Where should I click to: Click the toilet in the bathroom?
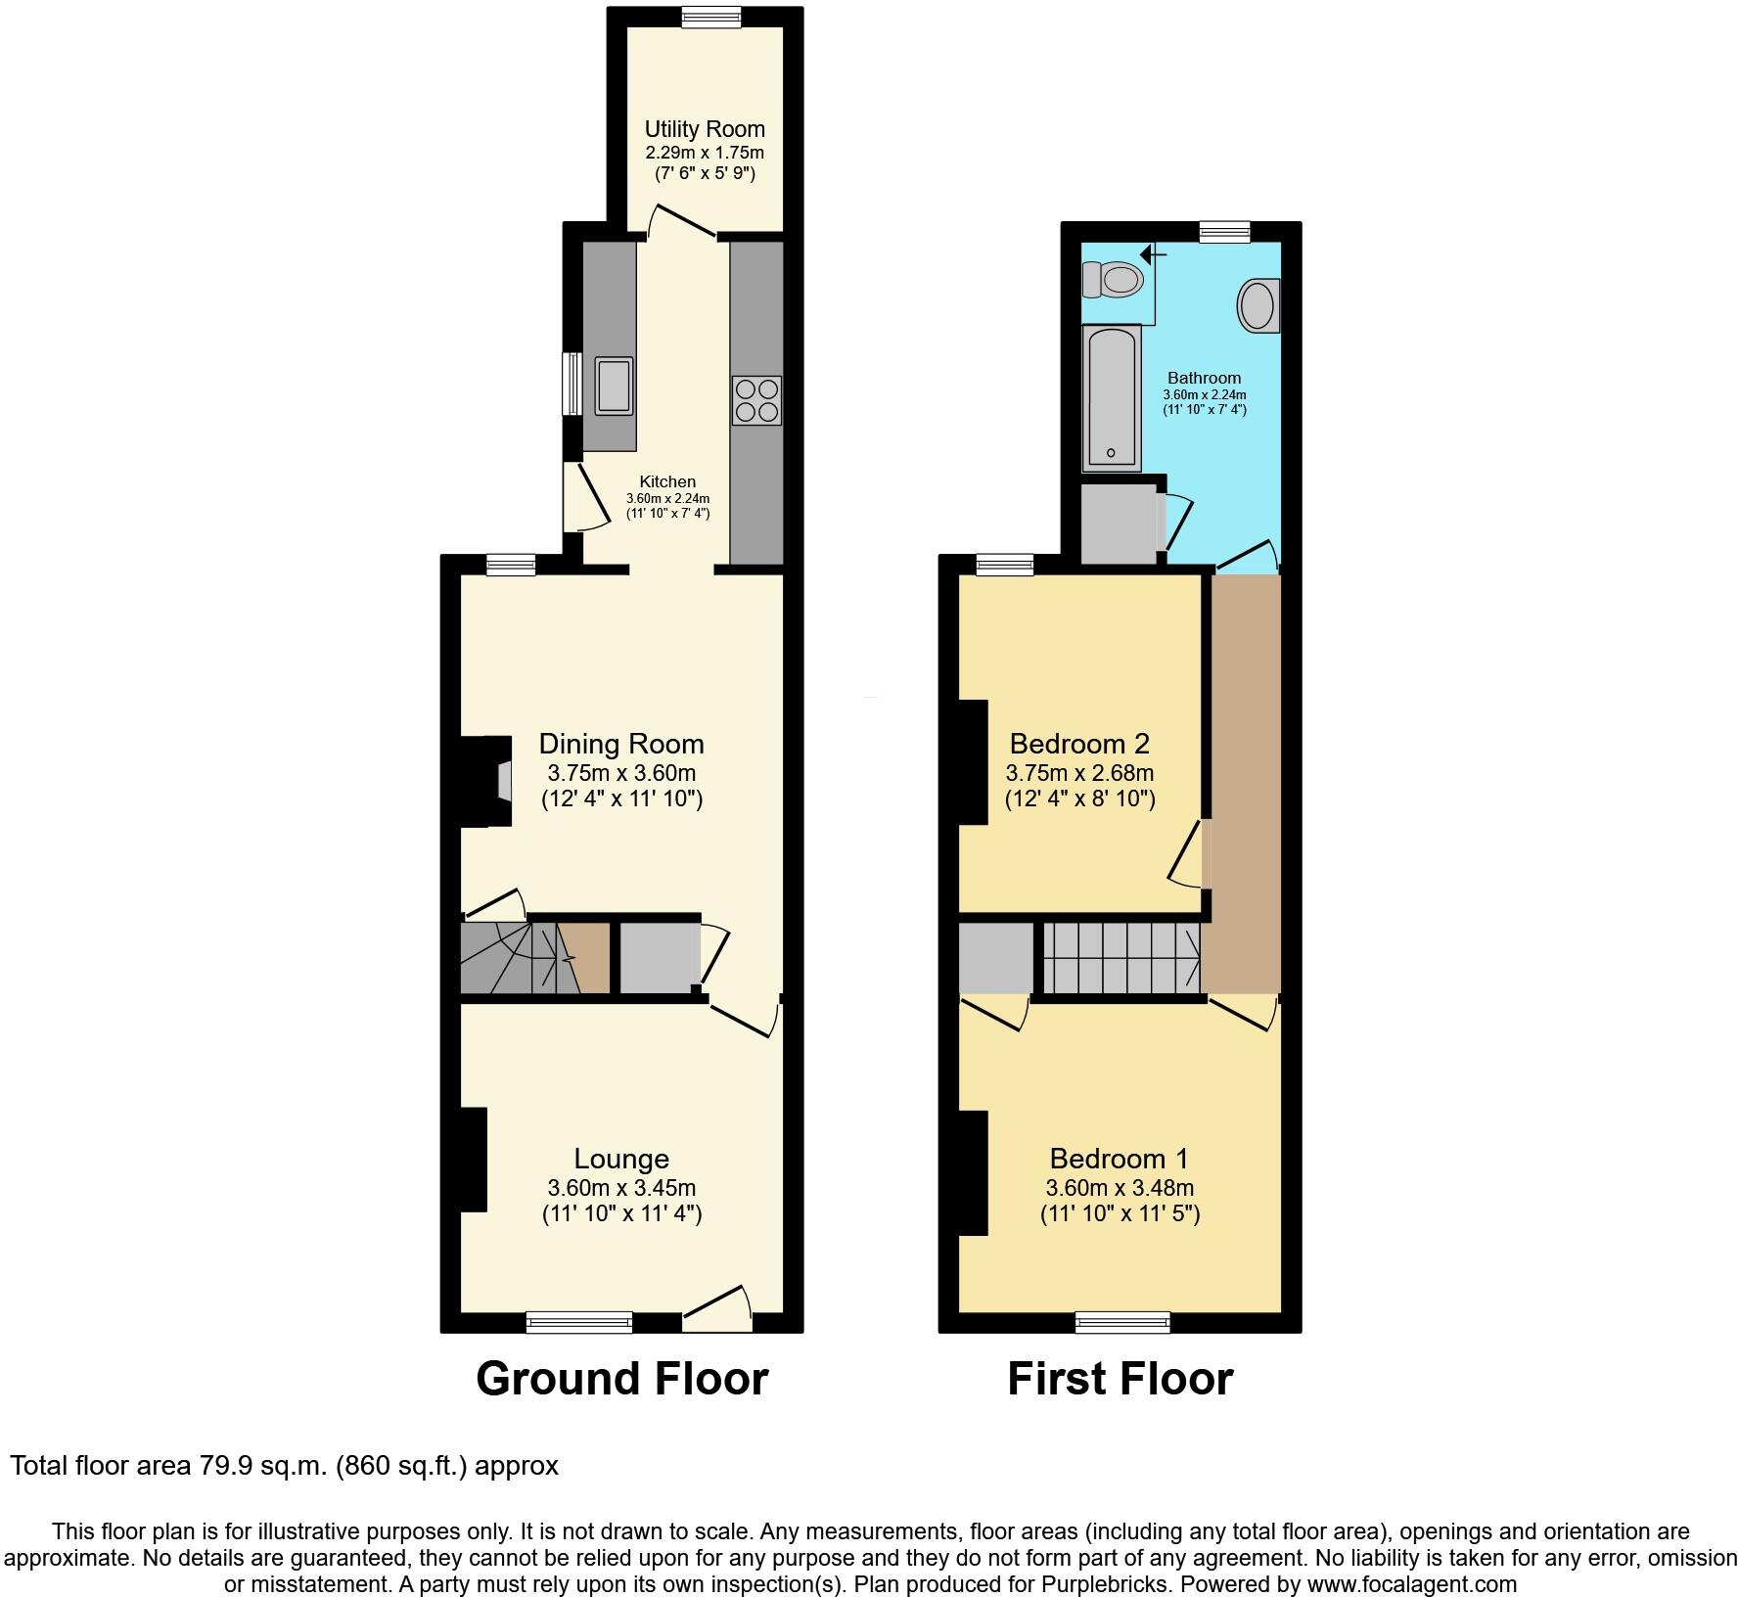[x=1115, y=281]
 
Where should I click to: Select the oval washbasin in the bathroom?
[x=1258, y=305]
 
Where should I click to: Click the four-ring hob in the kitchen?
[x=756, y=400]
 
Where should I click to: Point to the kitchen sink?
[x=614, y=386]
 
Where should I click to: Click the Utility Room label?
[x=705, y=129]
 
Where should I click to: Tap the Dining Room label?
[x=621, y=745]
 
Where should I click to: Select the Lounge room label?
[x=621, y=1159]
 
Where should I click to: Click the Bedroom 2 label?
[x=1079, y=743]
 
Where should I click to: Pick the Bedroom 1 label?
[x=1119, y=1159]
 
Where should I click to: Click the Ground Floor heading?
[x=621, y=1379]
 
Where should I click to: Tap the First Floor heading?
[x=1120, y=1379]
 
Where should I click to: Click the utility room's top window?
[x=711, y=17]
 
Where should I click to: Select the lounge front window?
[x=579, y=1322]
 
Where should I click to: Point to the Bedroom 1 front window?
[x=1122, y=1322]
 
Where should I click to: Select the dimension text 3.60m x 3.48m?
[x=1120, y=1188]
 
